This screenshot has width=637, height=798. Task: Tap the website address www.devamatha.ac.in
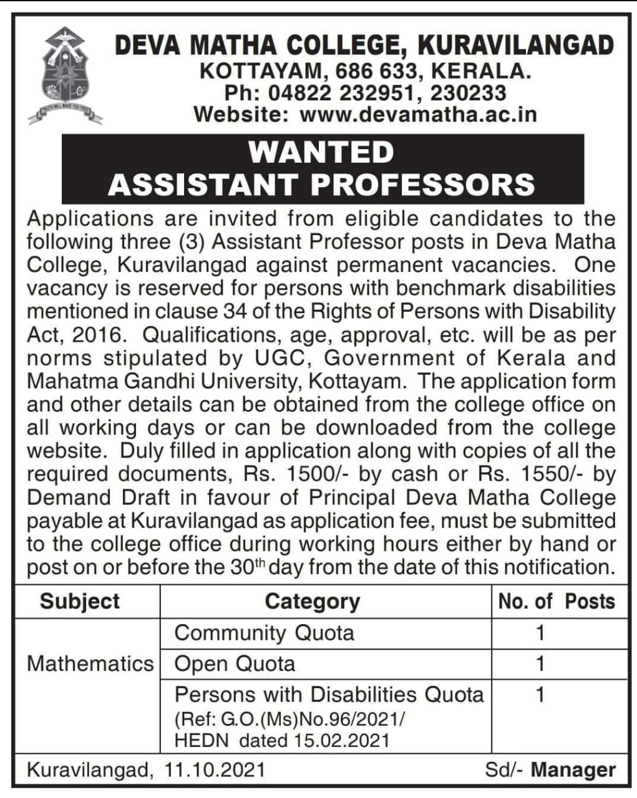pos(418,115)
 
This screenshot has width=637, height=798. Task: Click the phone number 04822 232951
pos(341,94)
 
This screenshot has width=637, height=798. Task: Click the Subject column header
pos(79,602)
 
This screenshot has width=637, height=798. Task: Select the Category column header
pos(312,602)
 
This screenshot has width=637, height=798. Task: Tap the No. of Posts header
pos(557,602)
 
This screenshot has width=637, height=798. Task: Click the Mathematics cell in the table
pos(90,663)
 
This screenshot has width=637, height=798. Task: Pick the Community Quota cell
pos(265,633)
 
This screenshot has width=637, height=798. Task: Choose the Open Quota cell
pos(235,663)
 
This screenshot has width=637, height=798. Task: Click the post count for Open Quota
pos(540,663)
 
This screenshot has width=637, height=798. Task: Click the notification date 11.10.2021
pos(215,770)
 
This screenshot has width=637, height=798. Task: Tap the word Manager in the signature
pos(573,770)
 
